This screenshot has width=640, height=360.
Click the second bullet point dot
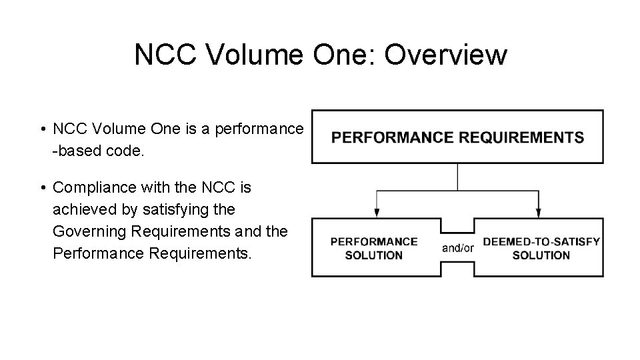(42, 188)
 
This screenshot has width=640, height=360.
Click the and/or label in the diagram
(458, 248)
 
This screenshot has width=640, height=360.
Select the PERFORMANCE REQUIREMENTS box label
(458, 138)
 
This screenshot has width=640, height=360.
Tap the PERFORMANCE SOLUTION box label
(375, 248)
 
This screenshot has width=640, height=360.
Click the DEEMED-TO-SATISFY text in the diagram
(541, 241)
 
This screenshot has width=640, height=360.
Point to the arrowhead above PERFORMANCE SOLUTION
(377, 213)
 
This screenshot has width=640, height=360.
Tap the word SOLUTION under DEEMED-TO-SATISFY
(541, 255)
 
